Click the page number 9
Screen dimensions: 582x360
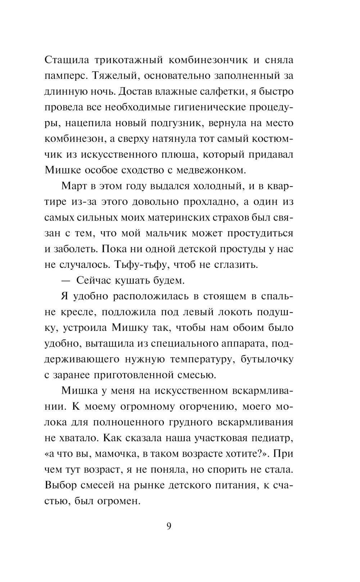169,526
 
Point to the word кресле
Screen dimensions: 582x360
77,313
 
